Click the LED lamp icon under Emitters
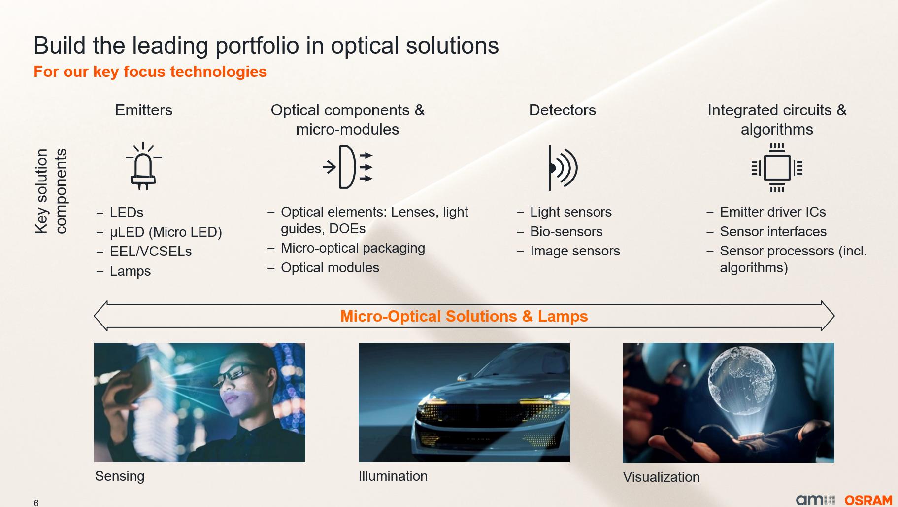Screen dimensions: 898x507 [x=143, y=166]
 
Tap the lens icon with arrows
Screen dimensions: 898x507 [x=347, y=167]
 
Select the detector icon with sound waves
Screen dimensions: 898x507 [x=562, y=168]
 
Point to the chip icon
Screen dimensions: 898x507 [x=777, y=168]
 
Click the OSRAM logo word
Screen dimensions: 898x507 [x=868, y=500]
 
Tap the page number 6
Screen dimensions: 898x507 [x=36, y=503]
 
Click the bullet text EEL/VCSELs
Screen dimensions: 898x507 [x=151, y=252]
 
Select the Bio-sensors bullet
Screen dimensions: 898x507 [x=566, y=232]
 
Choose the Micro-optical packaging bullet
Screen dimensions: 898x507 [x=353, y=248]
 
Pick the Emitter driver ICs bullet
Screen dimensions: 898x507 [x=772, y=212]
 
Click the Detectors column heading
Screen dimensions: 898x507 [x=562, y=110]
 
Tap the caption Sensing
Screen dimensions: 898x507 [x=120, y=476]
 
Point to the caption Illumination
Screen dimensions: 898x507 [x=393, y=476]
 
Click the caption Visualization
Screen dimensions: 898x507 [x=661, y=477]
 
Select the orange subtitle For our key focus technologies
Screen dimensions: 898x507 [x=150, y=72]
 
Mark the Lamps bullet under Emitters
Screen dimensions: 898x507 [x=130, y=271]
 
